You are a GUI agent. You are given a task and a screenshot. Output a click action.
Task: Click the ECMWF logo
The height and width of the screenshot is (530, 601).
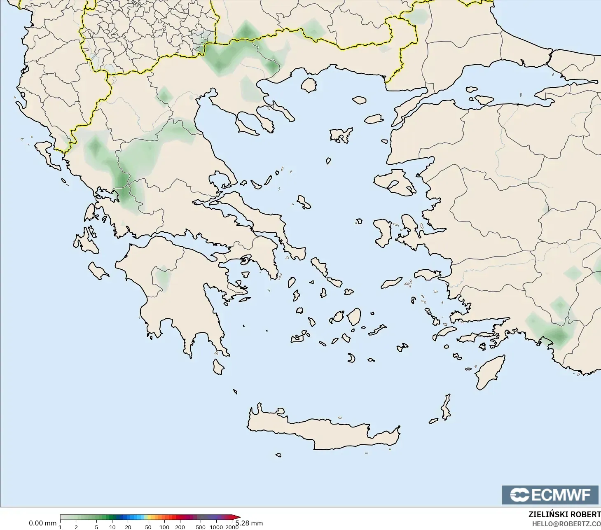(550, 495)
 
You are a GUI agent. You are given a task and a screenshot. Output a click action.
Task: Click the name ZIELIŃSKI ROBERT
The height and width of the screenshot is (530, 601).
(564, 515)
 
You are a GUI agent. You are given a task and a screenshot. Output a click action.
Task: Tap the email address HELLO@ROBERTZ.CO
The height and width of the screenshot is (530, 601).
(566, 524)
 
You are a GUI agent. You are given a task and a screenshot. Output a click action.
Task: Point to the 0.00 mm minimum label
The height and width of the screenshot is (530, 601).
(42, 523)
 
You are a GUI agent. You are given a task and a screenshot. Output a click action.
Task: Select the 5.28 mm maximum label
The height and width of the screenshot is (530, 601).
(249, 523)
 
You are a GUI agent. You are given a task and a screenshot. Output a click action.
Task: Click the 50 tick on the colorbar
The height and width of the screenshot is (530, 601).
(148, 527)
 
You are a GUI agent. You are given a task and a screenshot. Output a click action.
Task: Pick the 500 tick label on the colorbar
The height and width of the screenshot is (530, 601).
(201, 527)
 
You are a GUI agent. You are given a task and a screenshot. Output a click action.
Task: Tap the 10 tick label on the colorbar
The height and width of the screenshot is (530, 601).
(112, 527)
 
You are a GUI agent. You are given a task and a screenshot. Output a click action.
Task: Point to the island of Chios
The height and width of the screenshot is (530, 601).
(383, 233)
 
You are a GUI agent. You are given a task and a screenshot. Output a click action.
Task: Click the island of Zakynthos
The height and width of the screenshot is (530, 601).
(98, 271)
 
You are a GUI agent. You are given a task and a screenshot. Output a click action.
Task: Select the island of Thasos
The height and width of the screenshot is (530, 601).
(309, 85)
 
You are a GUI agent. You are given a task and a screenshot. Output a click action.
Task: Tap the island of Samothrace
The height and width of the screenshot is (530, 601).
(359, 100)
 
